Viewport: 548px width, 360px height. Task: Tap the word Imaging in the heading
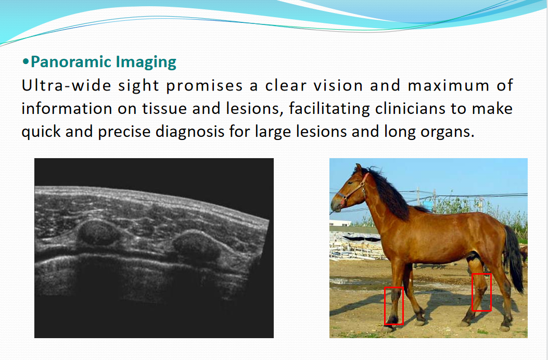click(146, 62)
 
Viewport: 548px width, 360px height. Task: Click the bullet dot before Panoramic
click(26, 62)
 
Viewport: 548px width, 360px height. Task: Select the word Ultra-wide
click(66, 85)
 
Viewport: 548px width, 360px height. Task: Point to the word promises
click(204, 86)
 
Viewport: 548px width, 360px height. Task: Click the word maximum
click(449, 86)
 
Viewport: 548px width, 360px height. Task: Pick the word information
click(67, 108)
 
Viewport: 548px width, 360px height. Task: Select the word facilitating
click(329, 109)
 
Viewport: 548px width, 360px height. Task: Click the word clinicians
click(410, 108)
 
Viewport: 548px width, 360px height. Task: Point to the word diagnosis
click(190, 132)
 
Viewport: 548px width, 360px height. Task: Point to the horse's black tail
click(515, 259)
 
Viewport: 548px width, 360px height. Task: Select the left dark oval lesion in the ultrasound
click(97, 232)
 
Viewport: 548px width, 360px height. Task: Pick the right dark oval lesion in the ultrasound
click(196, 245)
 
